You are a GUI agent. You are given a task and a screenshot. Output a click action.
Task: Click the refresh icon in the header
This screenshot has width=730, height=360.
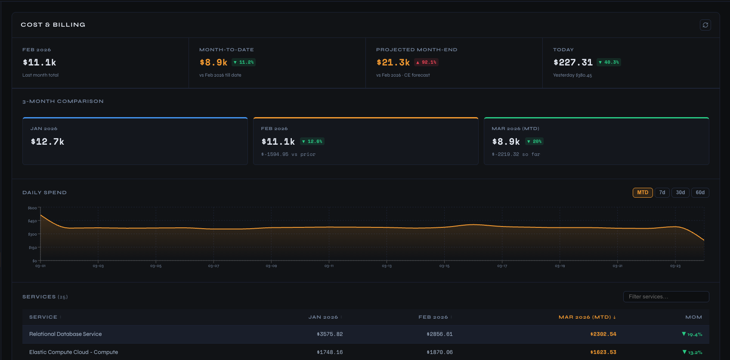click(x=705, y=25)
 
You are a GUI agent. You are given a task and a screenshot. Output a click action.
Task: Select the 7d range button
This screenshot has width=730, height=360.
click(x=662, y=192)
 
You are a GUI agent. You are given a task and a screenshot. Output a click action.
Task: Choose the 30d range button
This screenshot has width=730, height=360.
click(x=680, y=192)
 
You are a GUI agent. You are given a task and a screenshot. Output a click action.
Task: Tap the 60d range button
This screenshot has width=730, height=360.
click(x=700, y=192)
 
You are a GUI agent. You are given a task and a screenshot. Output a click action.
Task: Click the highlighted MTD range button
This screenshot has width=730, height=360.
click(x=642, y=192)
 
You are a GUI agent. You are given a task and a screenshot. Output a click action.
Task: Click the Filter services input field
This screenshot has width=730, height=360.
click(x=665, y=297)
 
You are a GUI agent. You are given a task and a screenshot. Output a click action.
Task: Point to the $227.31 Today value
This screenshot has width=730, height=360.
click(x=573, y=62)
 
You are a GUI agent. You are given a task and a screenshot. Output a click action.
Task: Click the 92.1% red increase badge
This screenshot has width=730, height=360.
click(x=426, y=62)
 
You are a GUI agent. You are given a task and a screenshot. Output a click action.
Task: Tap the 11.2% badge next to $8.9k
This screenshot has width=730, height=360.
click(x=244, y=62)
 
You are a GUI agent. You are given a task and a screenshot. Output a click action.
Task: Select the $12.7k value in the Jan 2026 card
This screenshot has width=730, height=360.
click(x=47, y=142)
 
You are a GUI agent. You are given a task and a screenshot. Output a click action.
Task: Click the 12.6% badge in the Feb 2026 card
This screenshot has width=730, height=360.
click(x=312, y=142)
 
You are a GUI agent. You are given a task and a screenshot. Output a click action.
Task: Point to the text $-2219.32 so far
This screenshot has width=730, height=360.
click(x=516, y=154)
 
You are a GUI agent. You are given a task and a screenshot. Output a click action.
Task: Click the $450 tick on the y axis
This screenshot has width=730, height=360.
click(x=32, y=221)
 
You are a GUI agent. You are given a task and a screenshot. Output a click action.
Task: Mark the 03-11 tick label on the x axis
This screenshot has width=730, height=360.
click(x=329, y=266)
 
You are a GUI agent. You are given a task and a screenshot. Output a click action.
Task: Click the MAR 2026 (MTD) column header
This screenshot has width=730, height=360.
click(x=587, y=317)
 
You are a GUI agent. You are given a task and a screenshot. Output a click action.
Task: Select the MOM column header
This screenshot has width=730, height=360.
click(x=693, y=317)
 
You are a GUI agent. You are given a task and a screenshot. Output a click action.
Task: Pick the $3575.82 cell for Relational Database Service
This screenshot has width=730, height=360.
click(x=330, y=334)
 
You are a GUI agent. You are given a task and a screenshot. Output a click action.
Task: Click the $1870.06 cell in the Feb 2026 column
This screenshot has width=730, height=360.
click(x=439, y=352)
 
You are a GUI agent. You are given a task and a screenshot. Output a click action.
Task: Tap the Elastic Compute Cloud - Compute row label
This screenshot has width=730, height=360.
click(x=74, y=352)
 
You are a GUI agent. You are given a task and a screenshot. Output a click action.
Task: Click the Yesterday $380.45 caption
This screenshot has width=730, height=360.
click(x=572, y=75)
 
